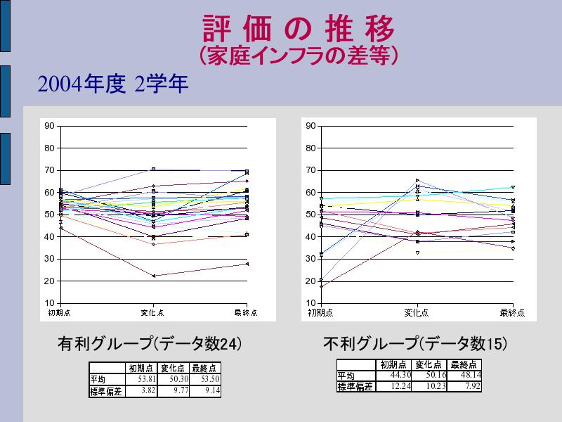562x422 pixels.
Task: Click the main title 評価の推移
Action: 299,29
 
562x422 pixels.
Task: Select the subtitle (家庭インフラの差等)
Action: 299,56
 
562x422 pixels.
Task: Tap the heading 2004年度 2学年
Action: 113,85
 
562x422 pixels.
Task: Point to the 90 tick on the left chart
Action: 49,126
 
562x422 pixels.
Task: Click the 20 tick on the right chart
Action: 311,281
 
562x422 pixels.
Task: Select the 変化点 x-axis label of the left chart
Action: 152,312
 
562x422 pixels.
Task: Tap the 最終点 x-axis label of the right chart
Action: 512,312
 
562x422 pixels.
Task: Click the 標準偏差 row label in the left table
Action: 105,392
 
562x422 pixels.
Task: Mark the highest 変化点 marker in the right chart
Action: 417,181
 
